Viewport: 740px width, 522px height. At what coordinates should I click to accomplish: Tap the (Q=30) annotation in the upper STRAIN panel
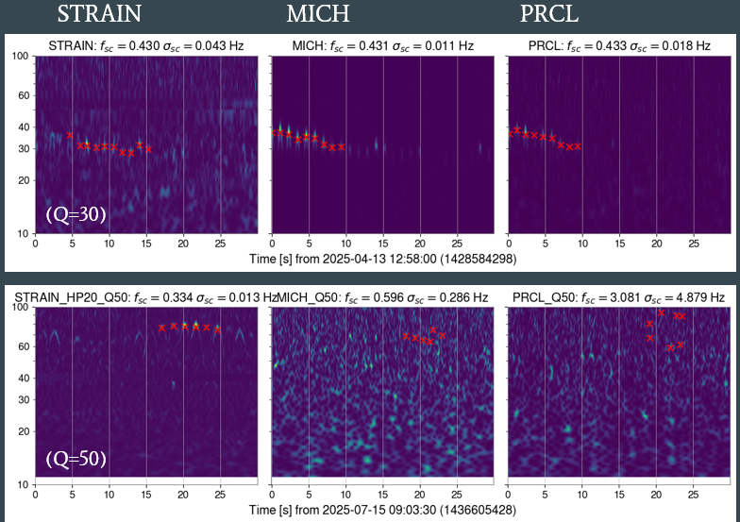tap(76, 214)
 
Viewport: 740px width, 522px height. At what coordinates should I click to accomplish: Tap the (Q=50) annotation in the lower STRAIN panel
tap(76, 461)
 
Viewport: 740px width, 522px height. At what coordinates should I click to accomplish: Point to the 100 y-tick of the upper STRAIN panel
tap(21, 57)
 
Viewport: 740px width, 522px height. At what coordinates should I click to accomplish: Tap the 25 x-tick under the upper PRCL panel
tap(693, 243)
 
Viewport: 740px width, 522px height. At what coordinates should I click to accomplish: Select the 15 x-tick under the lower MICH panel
tap(383, 494)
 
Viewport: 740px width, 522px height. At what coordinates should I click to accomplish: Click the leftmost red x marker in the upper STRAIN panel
tap(70, 135)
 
